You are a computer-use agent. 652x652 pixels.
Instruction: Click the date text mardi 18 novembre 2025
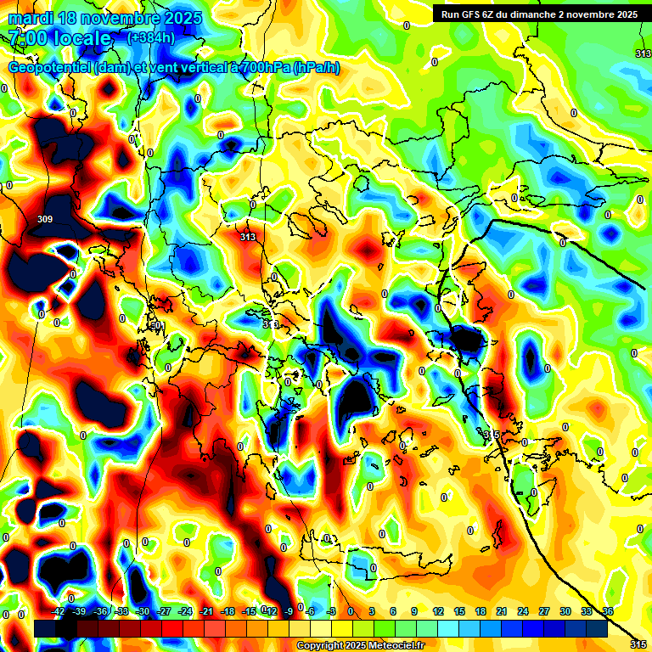point(105,18)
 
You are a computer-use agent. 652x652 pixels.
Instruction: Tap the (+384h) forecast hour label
point(150,37)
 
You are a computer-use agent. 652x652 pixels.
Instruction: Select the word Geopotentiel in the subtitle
point(50,67)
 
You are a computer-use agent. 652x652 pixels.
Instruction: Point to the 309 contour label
point(45,219)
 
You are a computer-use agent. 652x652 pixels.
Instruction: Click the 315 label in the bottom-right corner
point(639,644)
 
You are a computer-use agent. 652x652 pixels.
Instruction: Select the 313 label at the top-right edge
point(643,53)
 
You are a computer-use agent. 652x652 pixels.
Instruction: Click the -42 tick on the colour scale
point(59,611)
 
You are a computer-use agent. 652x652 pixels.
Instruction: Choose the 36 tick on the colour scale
point(608,611)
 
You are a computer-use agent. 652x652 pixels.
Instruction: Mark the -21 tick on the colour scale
point(206,611)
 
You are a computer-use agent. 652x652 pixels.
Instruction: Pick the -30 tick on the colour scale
point(143,611)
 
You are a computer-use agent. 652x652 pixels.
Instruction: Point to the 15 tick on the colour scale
point(459,611)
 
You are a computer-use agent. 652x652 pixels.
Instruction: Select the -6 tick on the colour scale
point(310,611)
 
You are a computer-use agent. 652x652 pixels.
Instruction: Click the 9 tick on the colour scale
point(415,611)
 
